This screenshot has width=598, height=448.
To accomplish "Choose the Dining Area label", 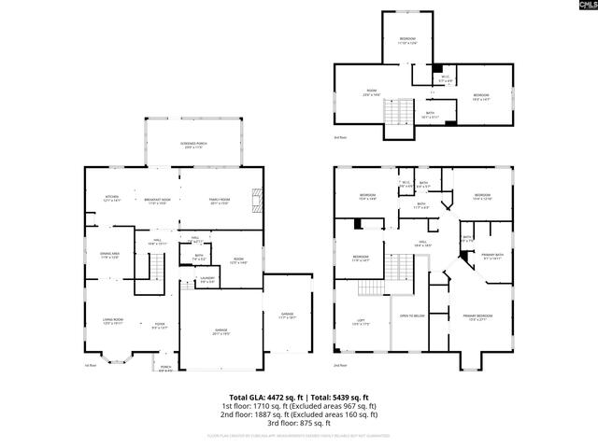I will coord(109,256).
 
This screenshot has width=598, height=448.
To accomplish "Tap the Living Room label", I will coord(114,321).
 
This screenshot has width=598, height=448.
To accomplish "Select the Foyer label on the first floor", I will coord(160,326).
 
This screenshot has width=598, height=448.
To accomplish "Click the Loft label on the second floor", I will coord(360,322).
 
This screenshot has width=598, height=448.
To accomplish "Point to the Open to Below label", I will coord(413,316).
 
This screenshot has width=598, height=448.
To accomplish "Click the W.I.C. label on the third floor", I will coord(446,78).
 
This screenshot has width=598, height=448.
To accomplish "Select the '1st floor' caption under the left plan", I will coord(91,365).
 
